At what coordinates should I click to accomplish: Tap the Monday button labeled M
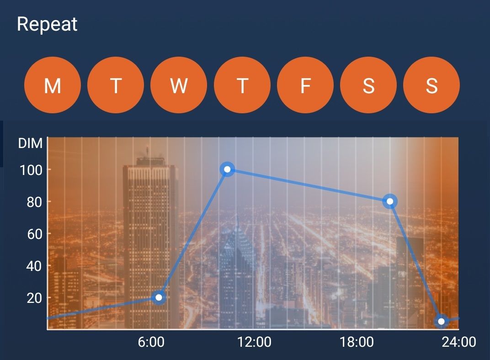[x=53, y=85]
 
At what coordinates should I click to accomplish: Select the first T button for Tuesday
[x=116, y=85]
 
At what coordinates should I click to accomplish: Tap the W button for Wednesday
[x=179, y=85]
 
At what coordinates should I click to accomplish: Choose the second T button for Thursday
[x=242, y=85]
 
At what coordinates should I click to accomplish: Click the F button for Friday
[x=305, y=85]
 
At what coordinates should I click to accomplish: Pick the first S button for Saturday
[x=368, y=85]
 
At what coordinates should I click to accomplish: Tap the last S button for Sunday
[x=431, y=85]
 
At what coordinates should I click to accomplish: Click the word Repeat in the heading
[x=47, y=24]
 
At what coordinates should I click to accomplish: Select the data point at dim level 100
[x=227, y=169]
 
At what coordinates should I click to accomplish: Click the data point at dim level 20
[x=159, y=297]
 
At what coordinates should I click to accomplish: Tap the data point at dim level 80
[x=390, y=201]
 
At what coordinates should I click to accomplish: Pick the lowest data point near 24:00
[x=441, y=321]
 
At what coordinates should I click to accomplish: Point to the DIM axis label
[x=30, y=143]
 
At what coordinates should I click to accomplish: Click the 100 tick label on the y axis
[x=31, y=170]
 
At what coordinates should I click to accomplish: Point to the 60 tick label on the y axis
[x=35, y=234]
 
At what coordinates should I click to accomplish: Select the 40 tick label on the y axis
[x=35, y=266]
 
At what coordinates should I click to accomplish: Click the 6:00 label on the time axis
[x=151, y=342]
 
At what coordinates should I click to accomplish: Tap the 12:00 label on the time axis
[x=255, y=342]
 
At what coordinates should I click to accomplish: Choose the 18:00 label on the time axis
[x=357, y=342]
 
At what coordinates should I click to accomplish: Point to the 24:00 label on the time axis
[x=459, y=342]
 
